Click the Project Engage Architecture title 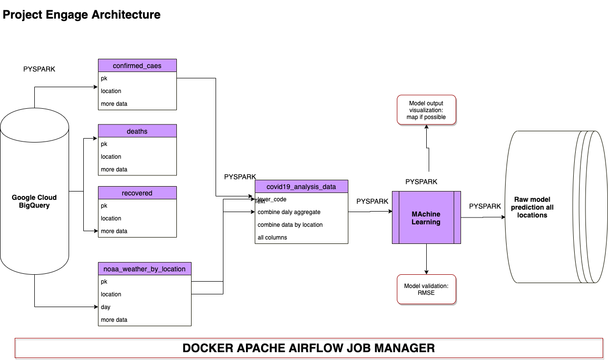click(82, 15)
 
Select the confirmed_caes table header click(137, 66)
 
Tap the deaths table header click(137, 131)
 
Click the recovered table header click(137, 193)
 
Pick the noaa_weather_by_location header click(145, 269)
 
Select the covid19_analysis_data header click(301, 187)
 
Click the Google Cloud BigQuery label click(34, 201)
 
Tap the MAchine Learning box click(426, 218)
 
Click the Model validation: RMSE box click(426, 289)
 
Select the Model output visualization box click(426, 110)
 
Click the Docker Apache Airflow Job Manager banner click(309, 348)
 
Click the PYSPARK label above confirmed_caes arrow click(39, 69)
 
